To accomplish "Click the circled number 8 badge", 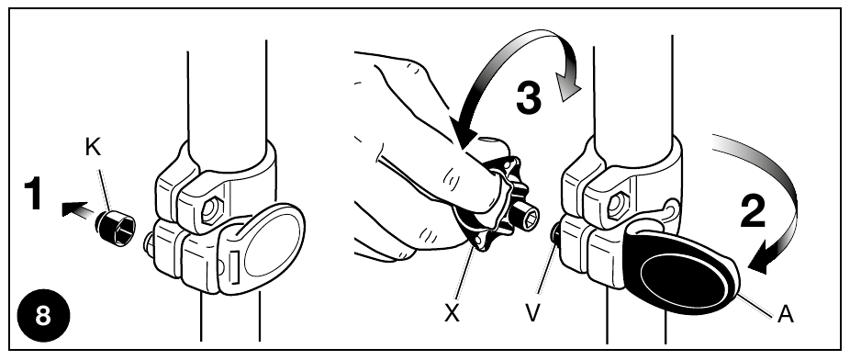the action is coord(43,316).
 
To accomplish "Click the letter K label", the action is coord(94,147).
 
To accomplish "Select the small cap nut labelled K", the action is coord(116,228).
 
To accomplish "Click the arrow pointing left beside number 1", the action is coord(77,209).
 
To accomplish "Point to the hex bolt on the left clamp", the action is coord(211,210).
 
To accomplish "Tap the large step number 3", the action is coord(529,99).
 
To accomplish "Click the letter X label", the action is coord(452,313).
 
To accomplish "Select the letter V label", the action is coord(532,313).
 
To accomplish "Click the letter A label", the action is coord(786,314).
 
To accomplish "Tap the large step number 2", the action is coord(753,211).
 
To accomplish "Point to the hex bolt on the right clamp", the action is coord(618,206).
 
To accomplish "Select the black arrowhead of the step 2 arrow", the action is coord(761,259).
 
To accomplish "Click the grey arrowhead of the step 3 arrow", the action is coord(568,88).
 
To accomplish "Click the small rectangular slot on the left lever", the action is coord(234,266).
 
